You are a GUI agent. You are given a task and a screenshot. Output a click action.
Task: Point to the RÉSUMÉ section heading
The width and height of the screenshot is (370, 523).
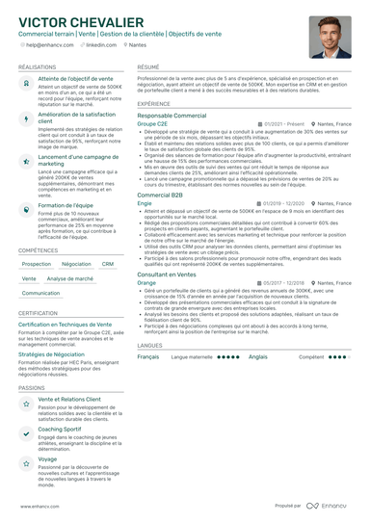pos(147,67)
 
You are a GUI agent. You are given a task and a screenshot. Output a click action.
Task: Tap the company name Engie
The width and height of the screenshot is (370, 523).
pos(145,203)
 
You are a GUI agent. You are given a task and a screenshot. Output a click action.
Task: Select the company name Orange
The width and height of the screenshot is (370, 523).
pos(146,283)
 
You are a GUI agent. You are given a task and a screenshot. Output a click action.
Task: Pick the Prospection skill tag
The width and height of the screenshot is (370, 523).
pos(37,264)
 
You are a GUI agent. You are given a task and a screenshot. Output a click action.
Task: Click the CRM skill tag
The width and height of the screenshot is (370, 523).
pos(107,264)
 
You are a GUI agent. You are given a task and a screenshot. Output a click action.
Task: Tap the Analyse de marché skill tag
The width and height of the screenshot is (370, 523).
pos(70,278)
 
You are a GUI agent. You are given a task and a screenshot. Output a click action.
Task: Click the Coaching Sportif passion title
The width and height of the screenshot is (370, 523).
pos(60,429)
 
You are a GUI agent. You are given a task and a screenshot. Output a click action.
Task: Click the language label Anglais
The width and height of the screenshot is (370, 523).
pos(257,356)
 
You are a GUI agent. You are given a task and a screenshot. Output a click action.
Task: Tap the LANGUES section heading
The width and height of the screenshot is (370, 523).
pos(149,344)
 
